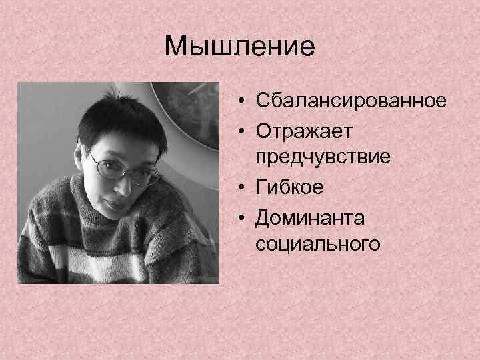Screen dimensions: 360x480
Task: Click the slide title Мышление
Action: point(239,47)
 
